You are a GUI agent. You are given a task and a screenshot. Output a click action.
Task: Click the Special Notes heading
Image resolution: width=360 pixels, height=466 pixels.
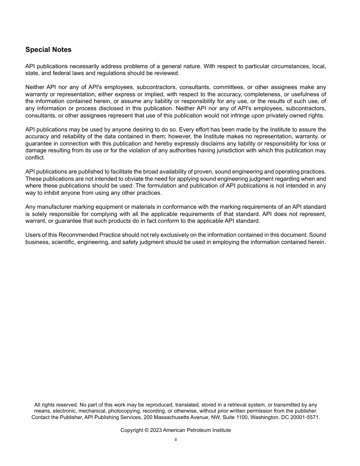pyautogui.click(x=48, y=50)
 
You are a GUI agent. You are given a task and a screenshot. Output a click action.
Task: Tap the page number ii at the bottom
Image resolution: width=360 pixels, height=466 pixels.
pyautogui.click(x=175, y=439)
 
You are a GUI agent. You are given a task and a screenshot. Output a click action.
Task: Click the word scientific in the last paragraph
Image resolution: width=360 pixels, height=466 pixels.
pyautogui.click(x=63, y=242)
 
